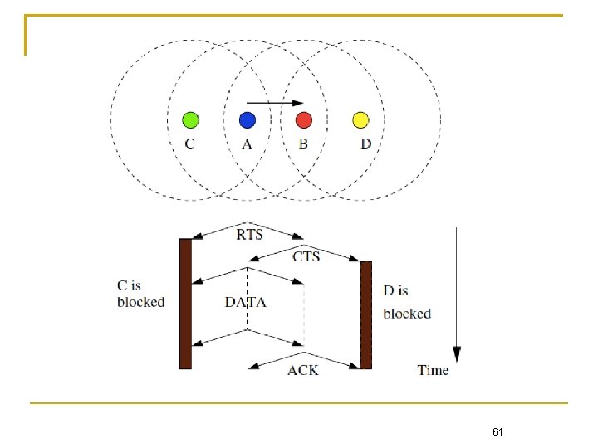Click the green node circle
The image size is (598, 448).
coord(190,120)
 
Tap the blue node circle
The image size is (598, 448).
coord(247,120)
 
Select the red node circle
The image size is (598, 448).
coord(304,120)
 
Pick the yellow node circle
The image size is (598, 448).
coord(360,120)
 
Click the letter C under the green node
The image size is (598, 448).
coord(190,144)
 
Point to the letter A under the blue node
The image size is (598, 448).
coord(247,144)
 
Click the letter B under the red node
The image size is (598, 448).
coord(304,144)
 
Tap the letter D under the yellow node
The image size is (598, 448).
coord(366,144)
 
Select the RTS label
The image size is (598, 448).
coord(249,235)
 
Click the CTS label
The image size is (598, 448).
coord(306,256)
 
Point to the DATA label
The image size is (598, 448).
coord(246,302)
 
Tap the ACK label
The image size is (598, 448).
coord(302,370)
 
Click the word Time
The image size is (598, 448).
coord(433,370)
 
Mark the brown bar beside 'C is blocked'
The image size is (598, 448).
coord(185,303)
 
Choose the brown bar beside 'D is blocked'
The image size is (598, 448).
coord(366,314)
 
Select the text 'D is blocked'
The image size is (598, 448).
coord(406,302)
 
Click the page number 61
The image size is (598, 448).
coord(498,432)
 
